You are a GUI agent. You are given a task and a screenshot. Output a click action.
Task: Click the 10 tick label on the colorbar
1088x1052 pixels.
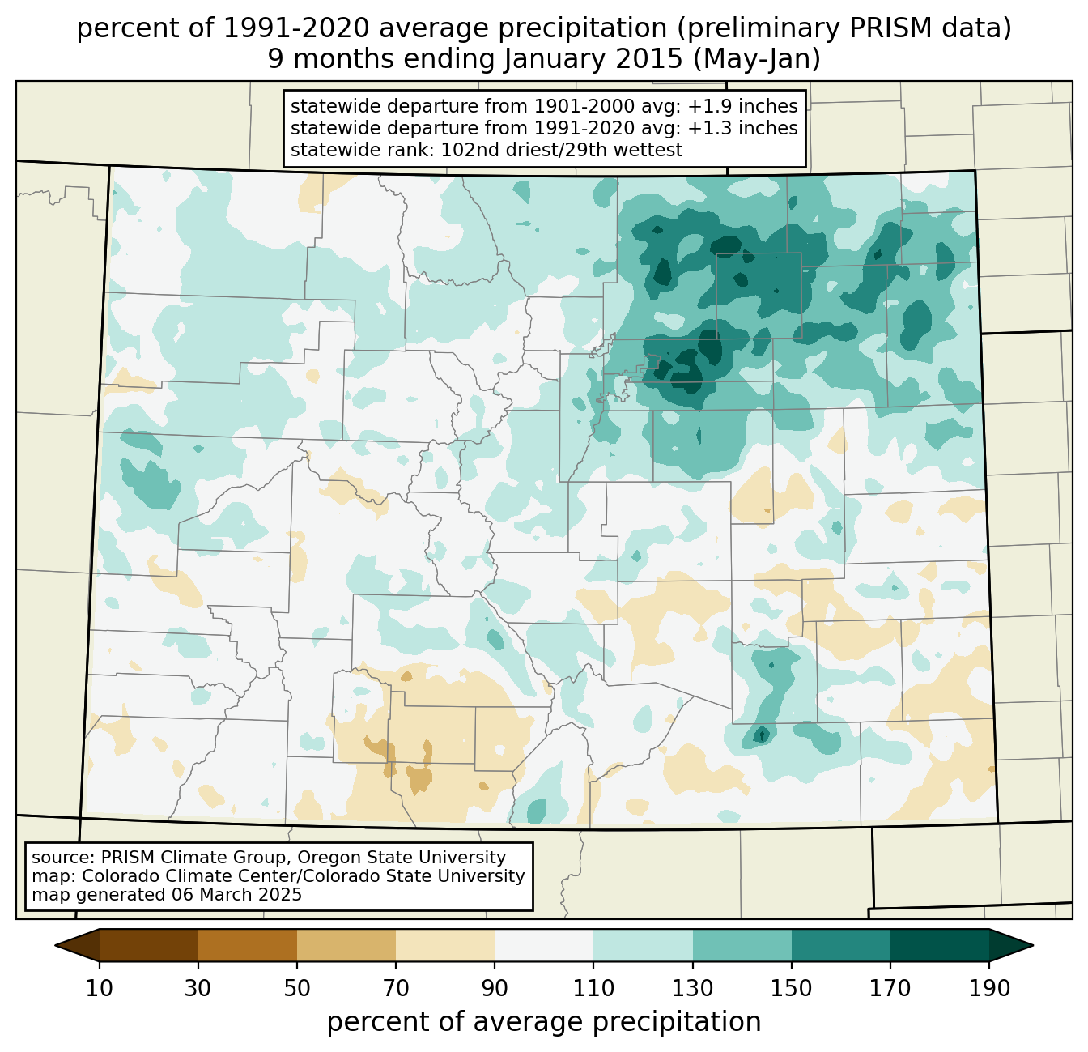100,988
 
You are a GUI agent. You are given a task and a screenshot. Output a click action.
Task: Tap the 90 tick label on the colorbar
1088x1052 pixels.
495,988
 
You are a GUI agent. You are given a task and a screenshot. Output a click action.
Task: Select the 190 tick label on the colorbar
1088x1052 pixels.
988,988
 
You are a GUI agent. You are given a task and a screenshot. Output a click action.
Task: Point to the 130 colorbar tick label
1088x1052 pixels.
692,988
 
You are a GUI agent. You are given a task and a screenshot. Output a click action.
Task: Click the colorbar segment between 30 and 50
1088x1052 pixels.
248,945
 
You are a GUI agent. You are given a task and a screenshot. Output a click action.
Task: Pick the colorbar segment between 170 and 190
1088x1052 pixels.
939,945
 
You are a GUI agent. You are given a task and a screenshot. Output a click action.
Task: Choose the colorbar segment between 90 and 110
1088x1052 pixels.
544,945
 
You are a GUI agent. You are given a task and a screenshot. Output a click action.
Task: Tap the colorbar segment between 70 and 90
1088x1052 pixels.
445,945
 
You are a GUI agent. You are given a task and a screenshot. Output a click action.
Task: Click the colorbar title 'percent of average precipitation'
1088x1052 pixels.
544,1022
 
